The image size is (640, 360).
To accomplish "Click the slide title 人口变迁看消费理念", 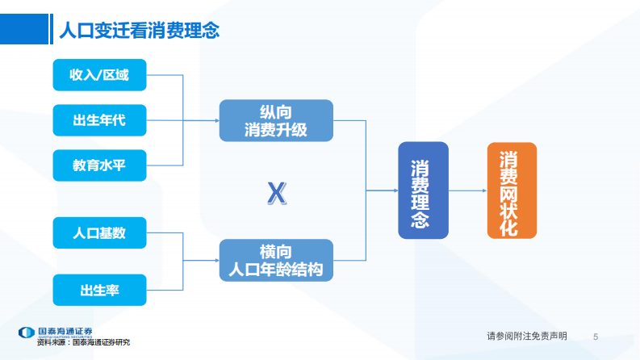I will pyautogui.click(x=140, y=31).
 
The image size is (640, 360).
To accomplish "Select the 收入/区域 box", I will pyautogui.click(x=99, y=75).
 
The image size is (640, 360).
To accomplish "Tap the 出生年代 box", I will pyautogui.click(x=99, y=120).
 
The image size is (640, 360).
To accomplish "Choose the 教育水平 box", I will pyautogui.click(x=99, y=165).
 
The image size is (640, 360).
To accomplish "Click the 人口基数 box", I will pyautogui.click(x=99, y=233).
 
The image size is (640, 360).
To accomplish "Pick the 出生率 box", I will pyautogui.click(x=99, y=290).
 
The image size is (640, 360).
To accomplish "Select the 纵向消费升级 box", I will pyautogui.click(x=276, y=120).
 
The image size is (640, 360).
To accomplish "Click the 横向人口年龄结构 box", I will pyautogui.click(x=276, y=261).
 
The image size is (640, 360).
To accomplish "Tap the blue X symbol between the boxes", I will pyautogui.click(x=276, y=192).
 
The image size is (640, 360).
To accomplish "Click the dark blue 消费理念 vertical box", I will pyautogui.click(x=422, y=190).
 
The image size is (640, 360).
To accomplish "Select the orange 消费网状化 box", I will pyautogui.click(x=512, y=190).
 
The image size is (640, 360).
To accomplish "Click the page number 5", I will pyautogui.click(x=596, y=336).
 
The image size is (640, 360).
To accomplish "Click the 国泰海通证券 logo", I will pyautogui.click(x=56, y=332).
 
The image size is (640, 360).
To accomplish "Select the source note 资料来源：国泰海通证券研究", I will pyautogui.click(x=83, y=342).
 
